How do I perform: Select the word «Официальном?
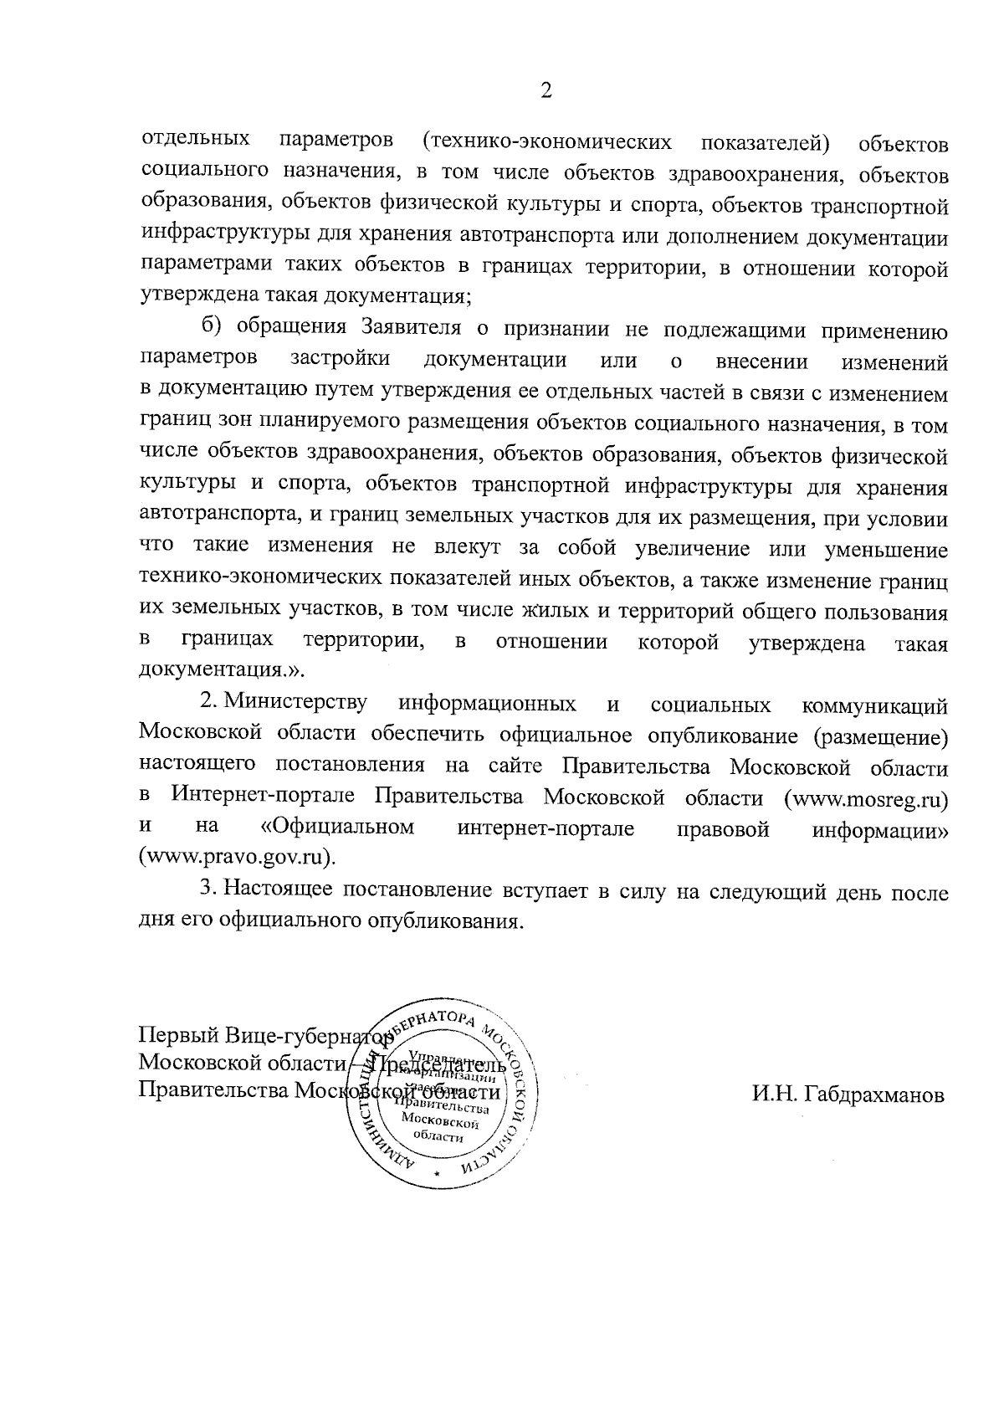(337, 828)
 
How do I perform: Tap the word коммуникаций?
(874, 707)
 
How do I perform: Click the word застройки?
(340, 360)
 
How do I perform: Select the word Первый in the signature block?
(178, 1035)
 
